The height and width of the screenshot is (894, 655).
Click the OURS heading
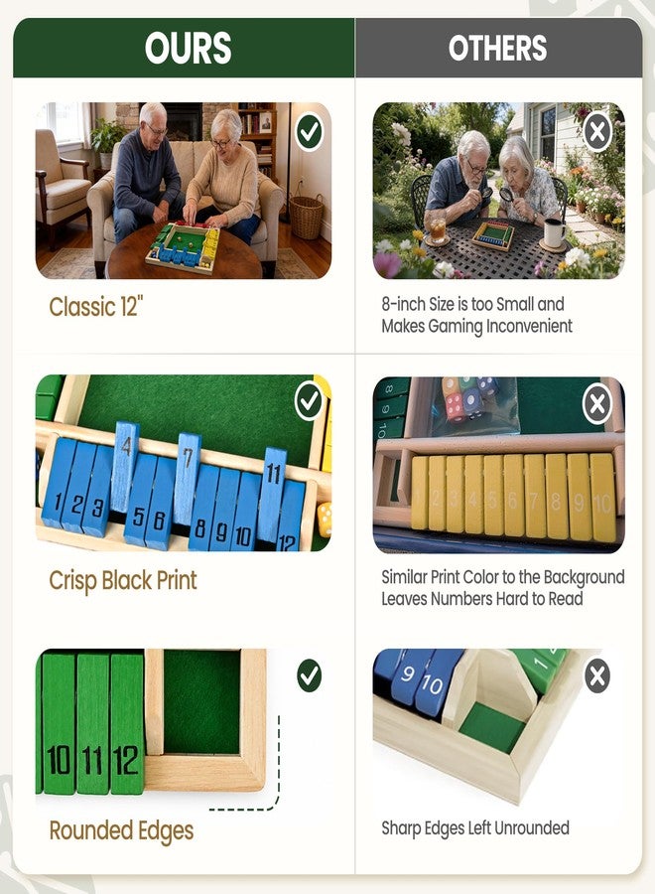click(188, 48)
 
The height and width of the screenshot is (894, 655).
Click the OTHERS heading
click(497, 48)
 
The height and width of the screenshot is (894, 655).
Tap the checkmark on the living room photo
click(310, 132)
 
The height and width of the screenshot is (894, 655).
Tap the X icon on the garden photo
click(597, 133)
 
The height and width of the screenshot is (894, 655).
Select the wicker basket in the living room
click(307, 217)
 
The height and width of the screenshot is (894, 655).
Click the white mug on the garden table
click(554, 232)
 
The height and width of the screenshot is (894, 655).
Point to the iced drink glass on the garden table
click(438, 229)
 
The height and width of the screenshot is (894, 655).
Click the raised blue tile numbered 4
click(126, 466)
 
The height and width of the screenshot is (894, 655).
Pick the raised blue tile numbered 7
click(187, 478)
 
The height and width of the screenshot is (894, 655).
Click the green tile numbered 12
click(127, 723)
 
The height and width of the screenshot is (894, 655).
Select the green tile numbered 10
click(59, 723)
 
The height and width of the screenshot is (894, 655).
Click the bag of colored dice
click(473, 401)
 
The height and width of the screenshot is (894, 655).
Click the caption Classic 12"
click(95, 307)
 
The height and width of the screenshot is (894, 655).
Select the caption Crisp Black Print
click(123, 580)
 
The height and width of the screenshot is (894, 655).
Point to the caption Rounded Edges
click(121, 830)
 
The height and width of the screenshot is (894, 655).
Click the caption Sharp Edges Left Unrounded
click(475, 827)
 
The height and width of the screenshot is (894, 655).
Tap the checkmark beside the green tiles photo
click(310, 675)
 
